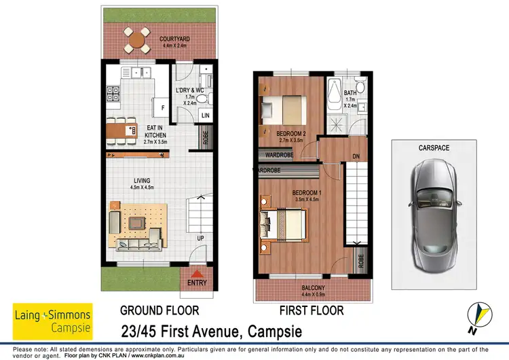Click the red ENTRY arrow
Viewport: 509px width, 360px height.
[x=197, y=273]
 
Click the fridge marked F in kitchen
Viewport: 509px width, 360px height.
[x=162, y=107]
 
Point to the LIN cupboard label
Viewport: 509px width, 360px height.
[x=206, y=115]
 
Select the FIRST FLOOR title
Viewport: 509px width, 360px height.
[x=313, y=311]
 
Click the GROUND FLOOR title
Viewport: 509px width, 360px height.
[x=159, y=311]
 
